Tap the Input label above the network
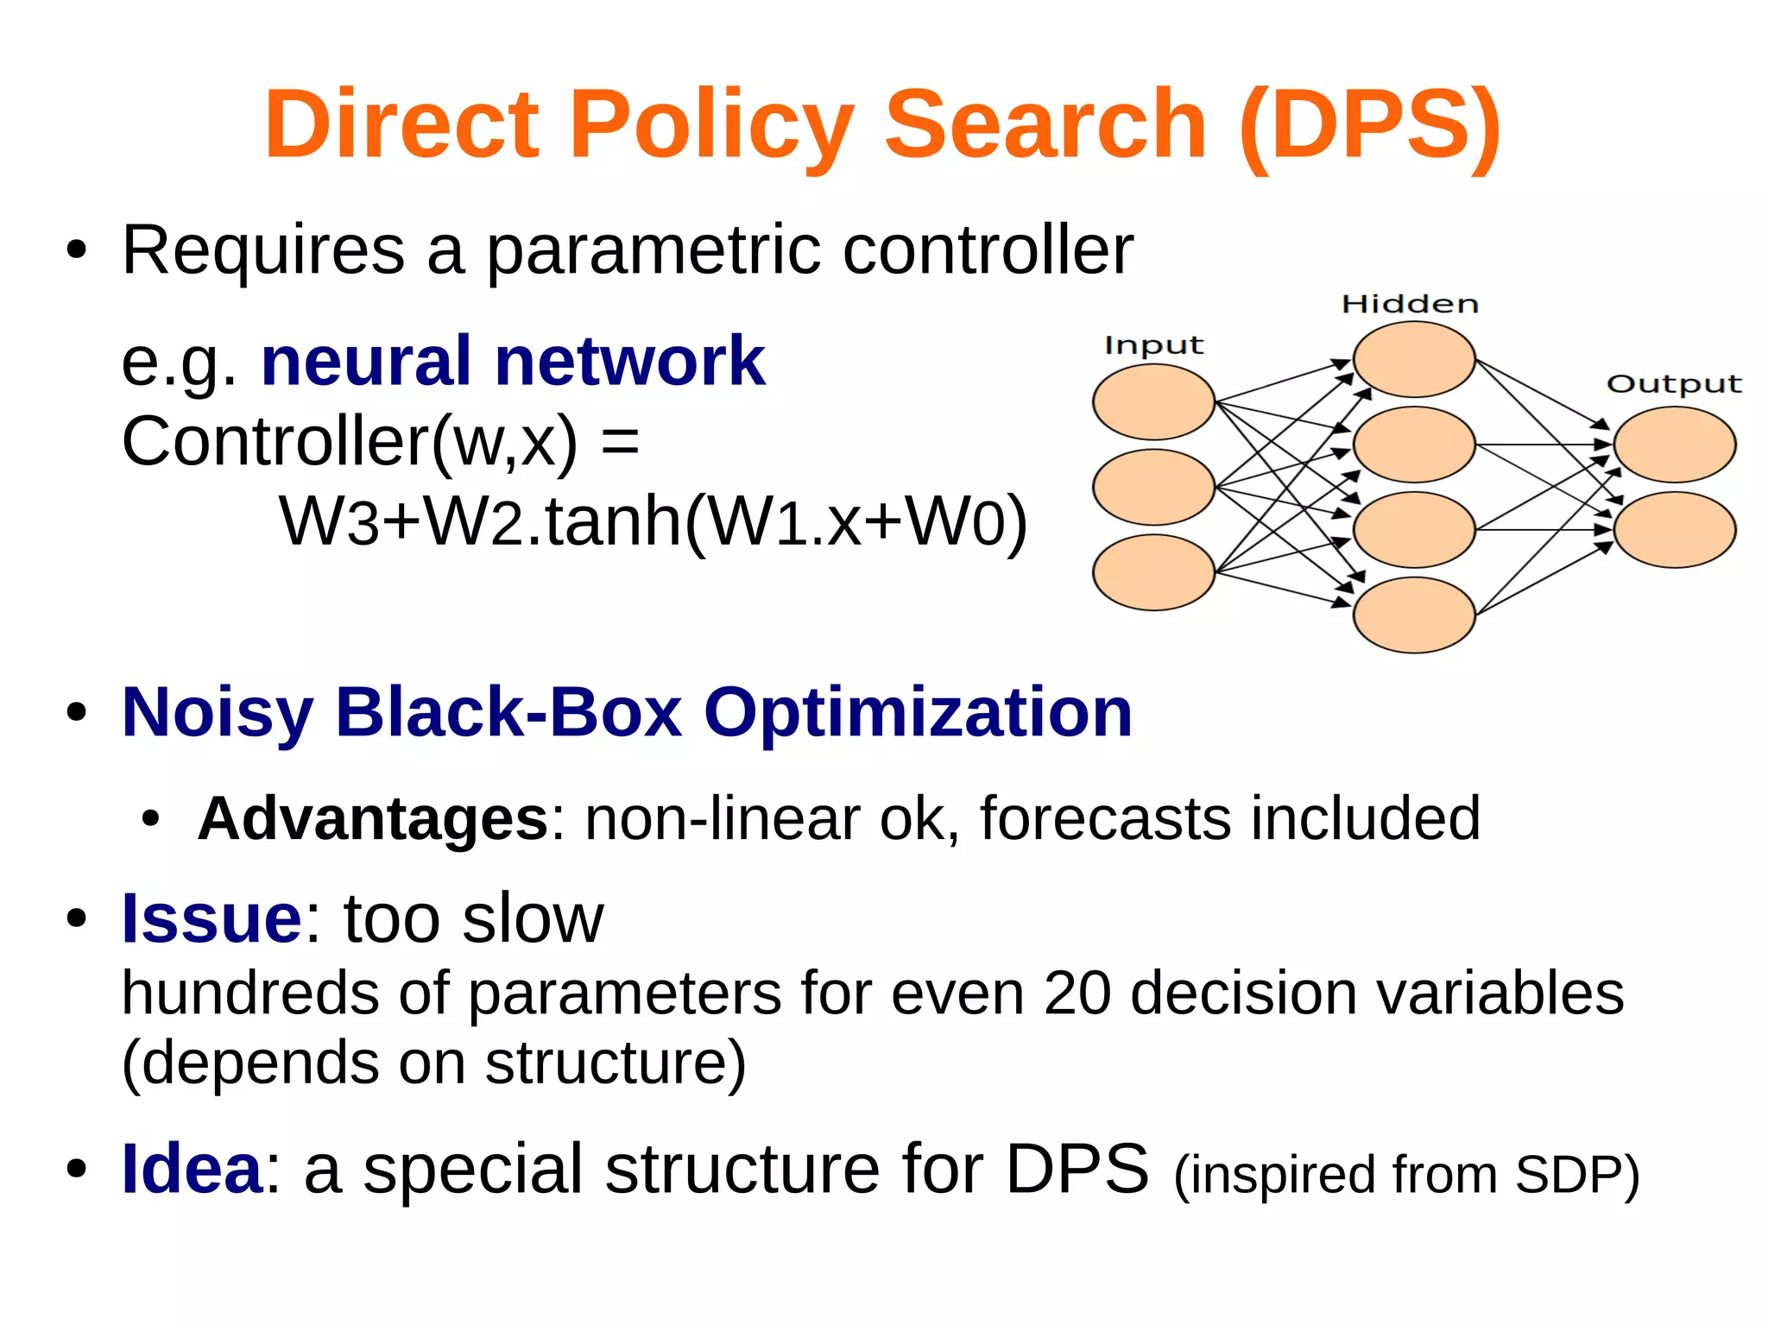pos(1153,345)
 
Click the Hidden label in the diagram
pos(1410,304)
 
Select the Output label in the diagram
pos(1674,383)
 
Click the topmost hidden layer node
pos(1413,359)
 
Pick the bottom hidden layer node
pos(1413,615)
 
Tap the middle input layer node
pos(1153,487)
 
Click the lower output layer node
pos(1674,529)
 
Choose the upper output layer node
pos(1674,445)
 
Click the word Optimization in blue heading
pos(918,713)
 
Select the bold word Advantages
pos(373,818)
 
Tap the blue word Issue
pos(212,918)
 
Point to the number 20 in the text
pos(1077,993)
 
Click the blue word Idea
pos(192,1169)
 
